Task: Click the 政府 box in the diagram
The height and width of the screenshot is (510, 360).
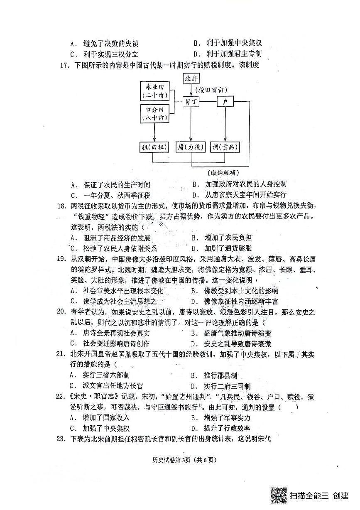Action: (192, 78)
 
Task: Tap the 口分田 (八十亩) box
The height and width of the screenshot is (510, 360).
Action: (154, 113)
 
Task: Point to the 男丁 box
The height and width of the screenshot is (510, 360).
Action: (191, 102)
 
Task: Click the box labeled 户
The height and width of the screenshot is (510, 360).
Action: (226, 102)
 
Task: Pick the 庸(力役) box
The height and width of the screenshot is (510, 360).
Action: (191, 147)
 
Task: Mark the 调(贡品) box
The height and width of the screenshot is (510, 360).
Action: (225, 147)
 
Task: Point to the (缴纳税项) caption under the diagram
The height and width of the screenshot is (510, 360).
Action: (223, 172)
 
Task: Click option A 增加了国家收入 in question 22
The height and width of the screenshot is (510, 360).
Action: (101, 418)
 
